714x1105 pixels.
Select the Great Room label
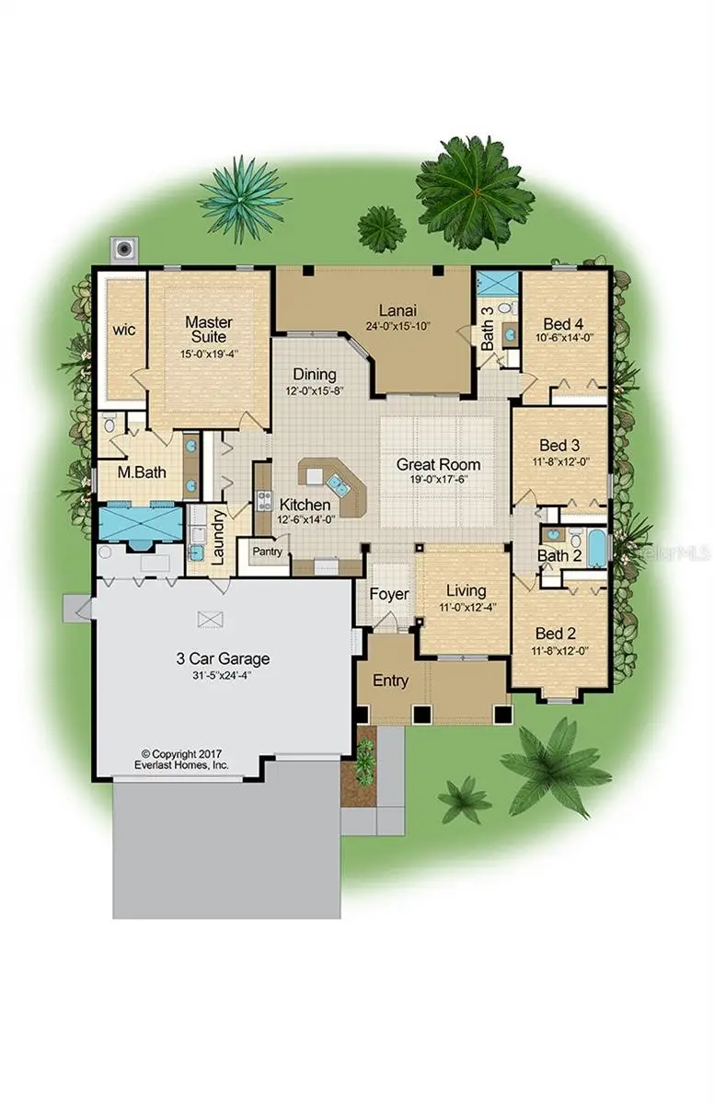[438, 465]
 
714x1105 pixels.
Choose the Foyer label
[389, 594]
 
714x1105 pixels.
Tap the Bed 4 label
[562, 324]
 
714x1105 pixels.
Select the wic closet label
[124, 329]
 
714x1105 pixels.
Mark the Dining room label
[315, 375]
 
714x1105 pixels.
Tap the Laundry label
[219, 537]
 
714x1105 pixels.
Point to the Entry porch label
[390, 680]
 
